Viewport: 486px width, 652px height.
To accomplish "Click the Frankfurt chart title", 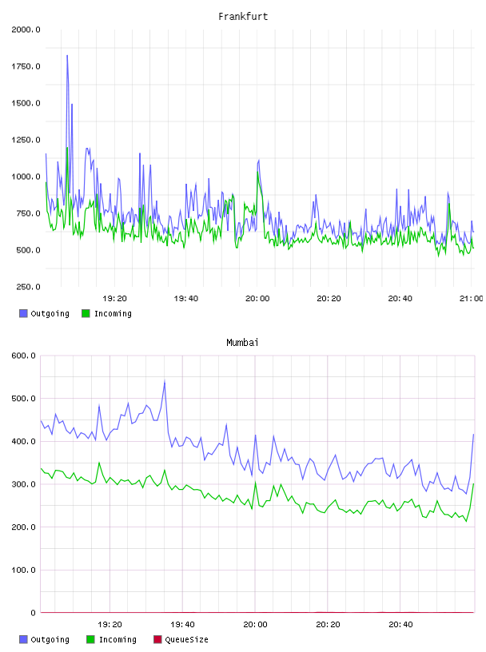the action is point(243,16).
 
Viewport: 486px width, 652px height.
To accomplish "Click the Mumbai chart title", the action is point(242,342).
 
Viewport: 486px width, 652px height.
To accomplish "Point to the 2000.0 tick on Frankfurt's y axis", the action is point(26,30).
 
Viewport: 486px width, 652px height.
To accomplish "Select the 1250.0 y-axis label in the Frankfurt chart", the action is point(26,140).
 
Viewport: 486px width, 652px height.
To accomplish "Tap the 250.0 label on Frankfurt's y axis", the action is point(28,287).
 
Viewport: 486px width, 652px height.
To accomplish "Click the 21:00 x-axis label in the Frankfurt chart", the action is point(472,298).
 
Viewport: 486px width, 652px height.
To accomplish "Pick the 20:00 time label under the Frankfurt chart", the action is point(257,298).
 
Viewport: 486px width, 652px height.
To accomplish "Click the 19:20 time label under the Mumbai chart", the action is point(110,624).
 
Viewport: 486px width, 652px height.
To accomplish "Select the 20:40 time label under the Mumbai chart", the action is point(400,624).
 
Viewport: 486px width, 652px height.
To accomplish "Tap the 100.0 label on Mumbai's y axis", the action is point(23,570).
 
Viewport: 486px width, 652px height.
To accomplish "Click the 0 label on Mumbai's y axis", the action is point(33,613).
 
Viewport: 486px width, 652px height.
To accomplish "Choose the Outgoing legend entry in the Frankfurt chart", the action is point(45,313).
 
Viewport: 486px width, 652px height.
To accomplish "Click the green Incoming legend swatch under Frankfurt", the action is point(86,313).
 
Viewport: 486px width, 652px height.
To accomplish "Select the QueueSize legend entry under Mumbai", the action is point(181,639).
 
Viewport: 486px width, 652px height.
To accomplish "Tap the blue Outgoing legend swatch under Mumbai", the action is point(23,639).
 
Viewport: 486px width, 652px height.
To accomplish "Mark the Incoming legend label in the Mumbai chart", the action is point(118,639).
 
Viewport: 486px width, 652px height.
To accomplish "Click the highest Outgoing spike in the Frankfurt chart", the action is point(67,56).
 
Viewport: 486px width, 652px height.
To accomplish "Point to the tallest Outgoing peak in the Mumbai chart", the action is point(165,380).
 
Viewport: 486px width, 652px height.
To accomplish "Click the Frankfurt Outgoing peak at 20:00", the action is point(259,160).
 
